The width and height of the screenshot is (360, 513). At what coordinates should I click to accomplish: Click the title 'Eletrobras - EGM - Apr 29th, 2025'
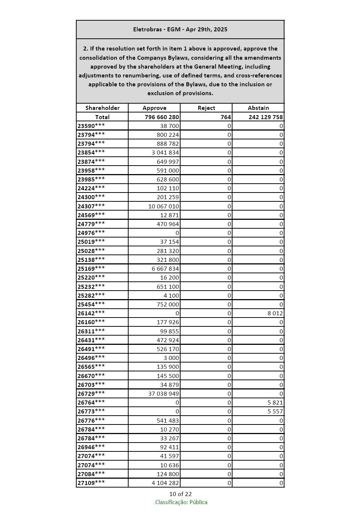tap(180, 30)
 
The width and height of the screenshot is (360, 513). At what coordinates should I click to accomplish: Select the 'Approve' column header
tap(154, 108)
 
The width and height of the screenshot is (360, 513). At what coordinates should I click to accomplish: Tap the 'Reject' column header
tap(206, 108)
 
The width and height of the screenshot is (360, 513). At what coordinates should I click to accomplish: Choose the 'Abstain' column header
tap(258, 108)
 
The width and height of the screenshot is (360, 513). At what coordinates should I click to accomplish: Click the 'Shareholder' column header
tap(102, 108)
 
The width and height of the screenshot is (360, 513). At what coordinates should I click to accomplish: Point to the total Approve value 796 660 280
tap(162, 117)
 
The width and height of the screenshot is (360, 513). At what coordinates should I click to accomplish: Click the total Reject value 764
tap(226, 117)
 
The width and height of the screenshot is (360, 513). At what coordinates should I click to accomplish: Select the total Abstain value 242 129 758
tap(265, 117)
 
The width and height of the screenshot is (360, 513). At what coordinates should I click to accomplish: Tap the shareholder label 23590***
tap(91, 126)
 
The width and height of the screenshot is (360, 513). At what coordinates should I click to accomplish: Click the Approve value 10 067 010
tap(164, 206)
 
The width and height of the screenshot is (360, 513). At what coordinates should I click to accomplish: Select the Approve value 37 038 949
tap(164, 394)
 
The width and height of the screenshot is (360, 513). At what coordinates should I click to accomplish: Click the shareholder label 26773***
tap(91, 411)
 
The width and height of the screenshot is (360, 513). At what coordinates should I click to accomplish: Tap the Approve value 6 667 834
tap(165, 268)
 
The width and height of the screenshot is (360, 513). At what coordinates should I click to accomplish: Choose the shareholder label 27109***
tap(91, 483)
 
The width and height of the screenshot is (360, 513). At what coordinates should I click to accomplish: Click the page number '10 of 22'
tap(180, 494)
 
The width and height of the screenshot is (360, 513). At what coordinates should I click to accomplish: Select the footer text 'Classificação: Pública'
tap(181, 502)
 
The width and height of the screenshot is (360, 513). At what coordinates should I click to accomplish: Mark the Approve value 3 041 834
tap(165, 153)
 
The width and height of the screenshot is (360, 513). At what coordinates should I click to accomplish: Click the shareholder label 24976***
tap(91, 233)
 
